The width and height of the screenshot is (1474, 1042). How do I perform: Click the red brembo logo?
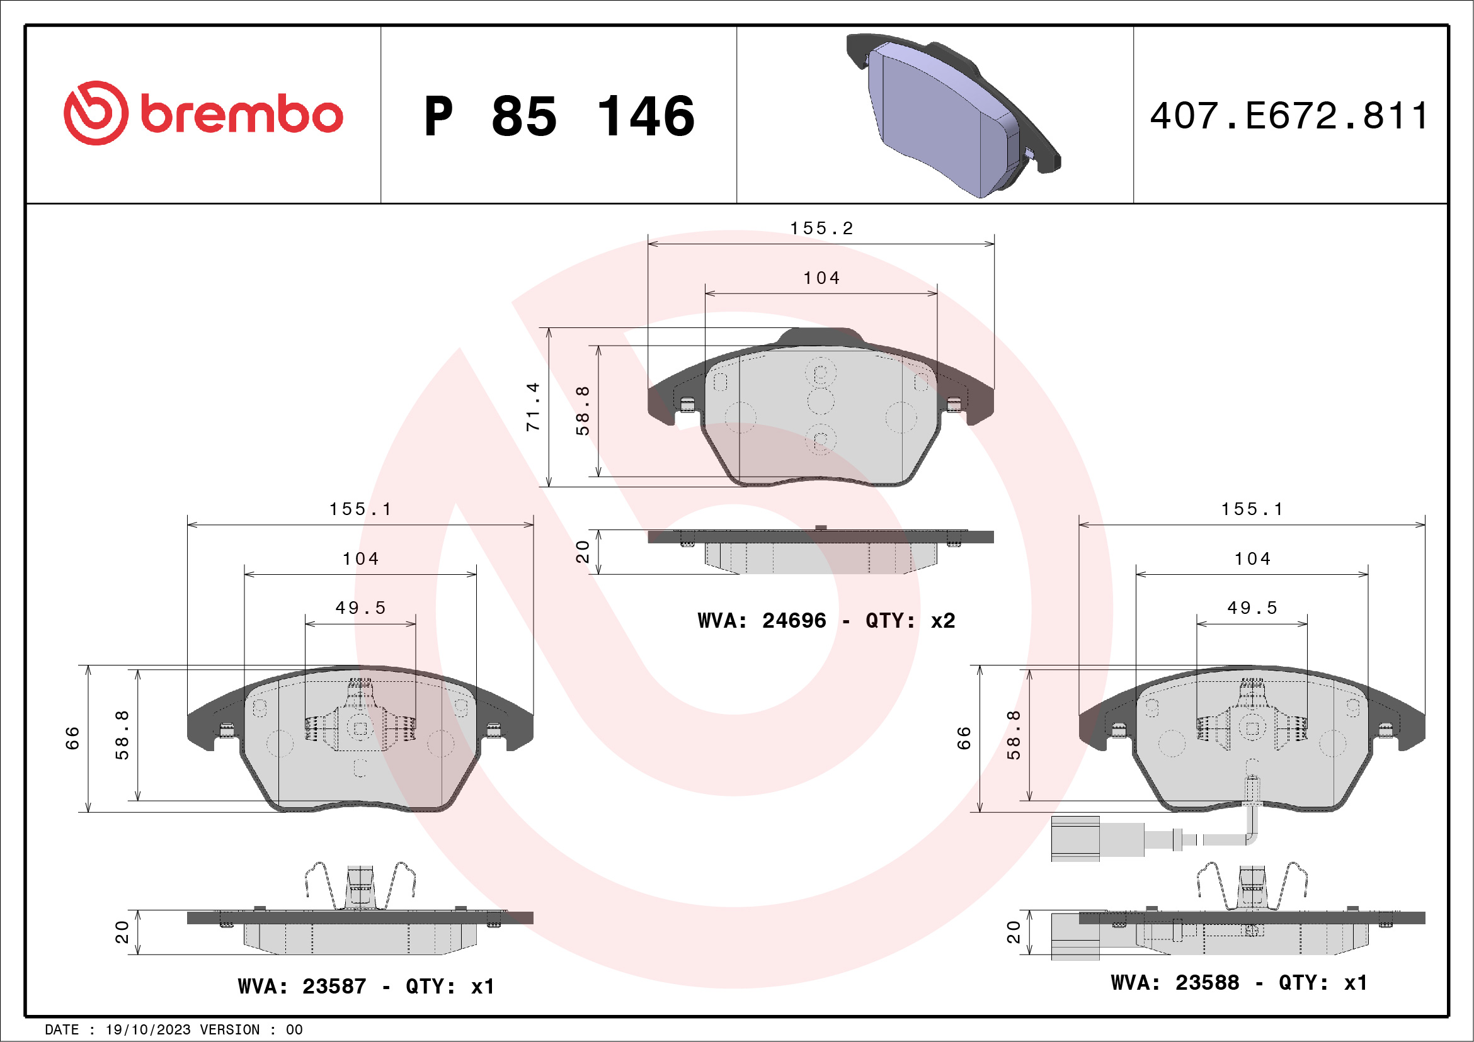click(203, 113)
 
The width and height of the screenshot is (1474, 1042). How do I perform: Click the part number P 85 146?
click(559, 116)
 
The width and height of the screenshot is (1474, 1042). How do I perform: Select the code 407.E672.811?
click(1289, 116)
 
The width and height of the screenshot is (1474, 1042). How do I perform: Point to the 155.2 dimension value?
click(821, 229)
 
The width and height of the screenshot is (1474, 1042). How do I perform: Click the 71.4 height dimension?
click(533, 407)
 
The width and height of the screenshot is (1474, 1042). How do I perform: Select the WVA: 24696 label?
click(762, 620)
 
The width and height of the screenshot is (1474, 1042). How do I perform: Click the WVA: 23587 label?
click(302, 986)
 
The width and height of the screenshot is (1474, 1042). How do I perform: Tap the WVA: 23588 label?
click(1175, 982)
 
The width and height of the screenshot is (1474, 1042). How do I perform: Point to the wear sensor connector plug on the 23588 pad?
click(1075, 839)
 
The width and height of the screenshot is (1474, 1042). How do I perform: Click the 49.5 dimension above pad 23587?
click(360, 608)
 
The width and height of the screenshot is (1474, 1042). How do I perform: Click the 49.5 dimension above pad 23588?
click(1252, 608)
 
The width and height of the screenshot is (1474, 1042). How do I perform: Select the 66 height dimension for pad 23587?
click(72, 738)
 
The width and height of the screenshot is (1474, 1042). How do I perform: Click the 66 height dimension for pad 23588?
click(964, 738)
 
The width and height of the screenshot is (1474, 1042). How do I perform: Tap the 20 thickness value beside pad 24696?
click(582, 552)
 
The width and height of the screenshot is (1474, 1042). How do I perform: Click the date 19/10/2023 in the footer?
click(147, 1030)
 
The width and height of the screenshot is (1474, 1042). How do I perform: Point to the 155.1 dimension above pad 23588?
click(1252, 509)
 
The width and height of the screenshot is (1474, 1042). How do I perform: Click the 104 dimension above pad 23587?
click(360, 559)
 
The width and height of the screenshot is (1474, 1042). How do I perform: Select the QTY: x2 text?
click(910, 620)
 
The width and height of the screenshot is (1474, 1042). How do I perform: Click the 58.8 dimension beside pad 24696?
click(582, 411)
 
